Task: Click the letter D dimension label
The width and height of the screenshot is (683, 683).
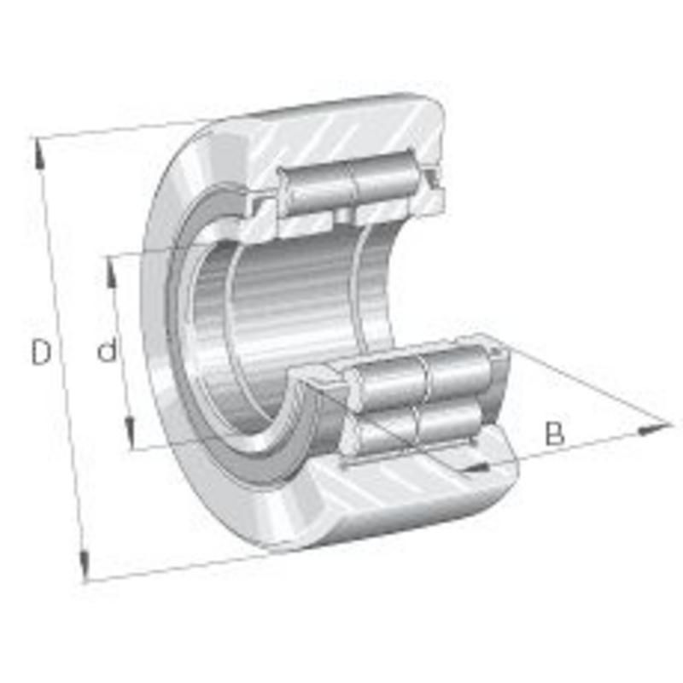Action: click(40, 352)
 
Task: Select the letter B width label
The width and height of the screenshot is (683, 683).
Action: click(554, 433)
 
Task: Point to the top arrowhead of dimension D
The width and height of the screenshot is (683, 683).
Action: click(39, 154)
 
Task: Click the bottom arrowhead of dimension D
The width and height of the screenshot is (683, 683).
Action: click(84, 566)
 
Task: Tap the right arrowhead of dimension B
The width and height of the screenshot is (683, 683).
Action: click(653, 429)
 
